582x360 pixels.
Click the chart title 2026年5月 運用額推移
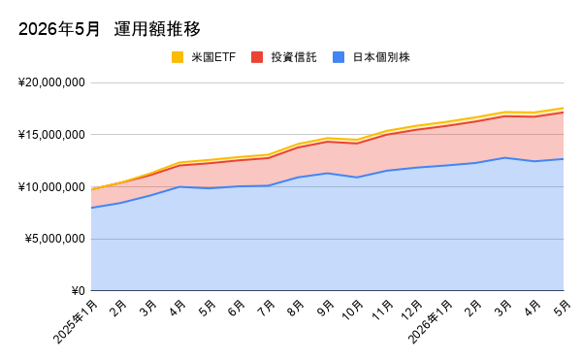tap(109, 29)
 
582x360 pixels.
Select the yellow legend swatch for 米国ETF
tap(178, 57)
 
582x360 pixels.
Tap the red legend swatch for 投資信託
tap(257, 57)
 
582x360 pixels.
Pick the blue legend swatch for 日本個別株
tap(339, 57)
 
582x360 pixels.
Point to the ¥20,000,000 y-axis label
tap(51, 82)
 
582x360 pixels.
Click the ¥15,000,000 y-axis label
tap(51, 134)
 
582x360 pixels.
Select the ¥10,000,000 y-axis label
tap(51, 186)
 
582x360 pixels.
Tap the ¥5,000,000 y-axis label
tap(55, 239)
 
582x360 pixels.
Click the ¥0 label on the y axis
tap(79, 290)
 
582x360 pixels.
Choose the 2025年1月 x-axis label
tap(76, 322)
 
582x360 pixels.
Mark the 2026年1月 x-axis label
tap(431, 322)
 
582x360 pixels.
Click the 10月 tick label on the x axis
tap(352, 310)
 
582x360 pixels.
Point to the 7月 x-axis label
tap(266, 308)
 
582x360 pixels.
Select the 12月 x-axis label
tap(411, 310)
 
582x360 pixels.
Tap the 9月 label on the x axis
tap(326, 308)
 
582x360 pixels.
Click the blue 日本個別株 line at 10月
tap(357, 178)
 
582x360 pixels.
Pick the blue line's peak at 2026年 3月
tap(504, 158)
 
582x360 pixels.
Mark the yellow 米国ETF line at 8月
tap(298, 144)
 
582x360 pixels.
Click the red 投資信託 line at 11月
tap(386, 135)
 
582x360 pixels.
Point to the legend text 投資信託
tap(294, 57)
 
